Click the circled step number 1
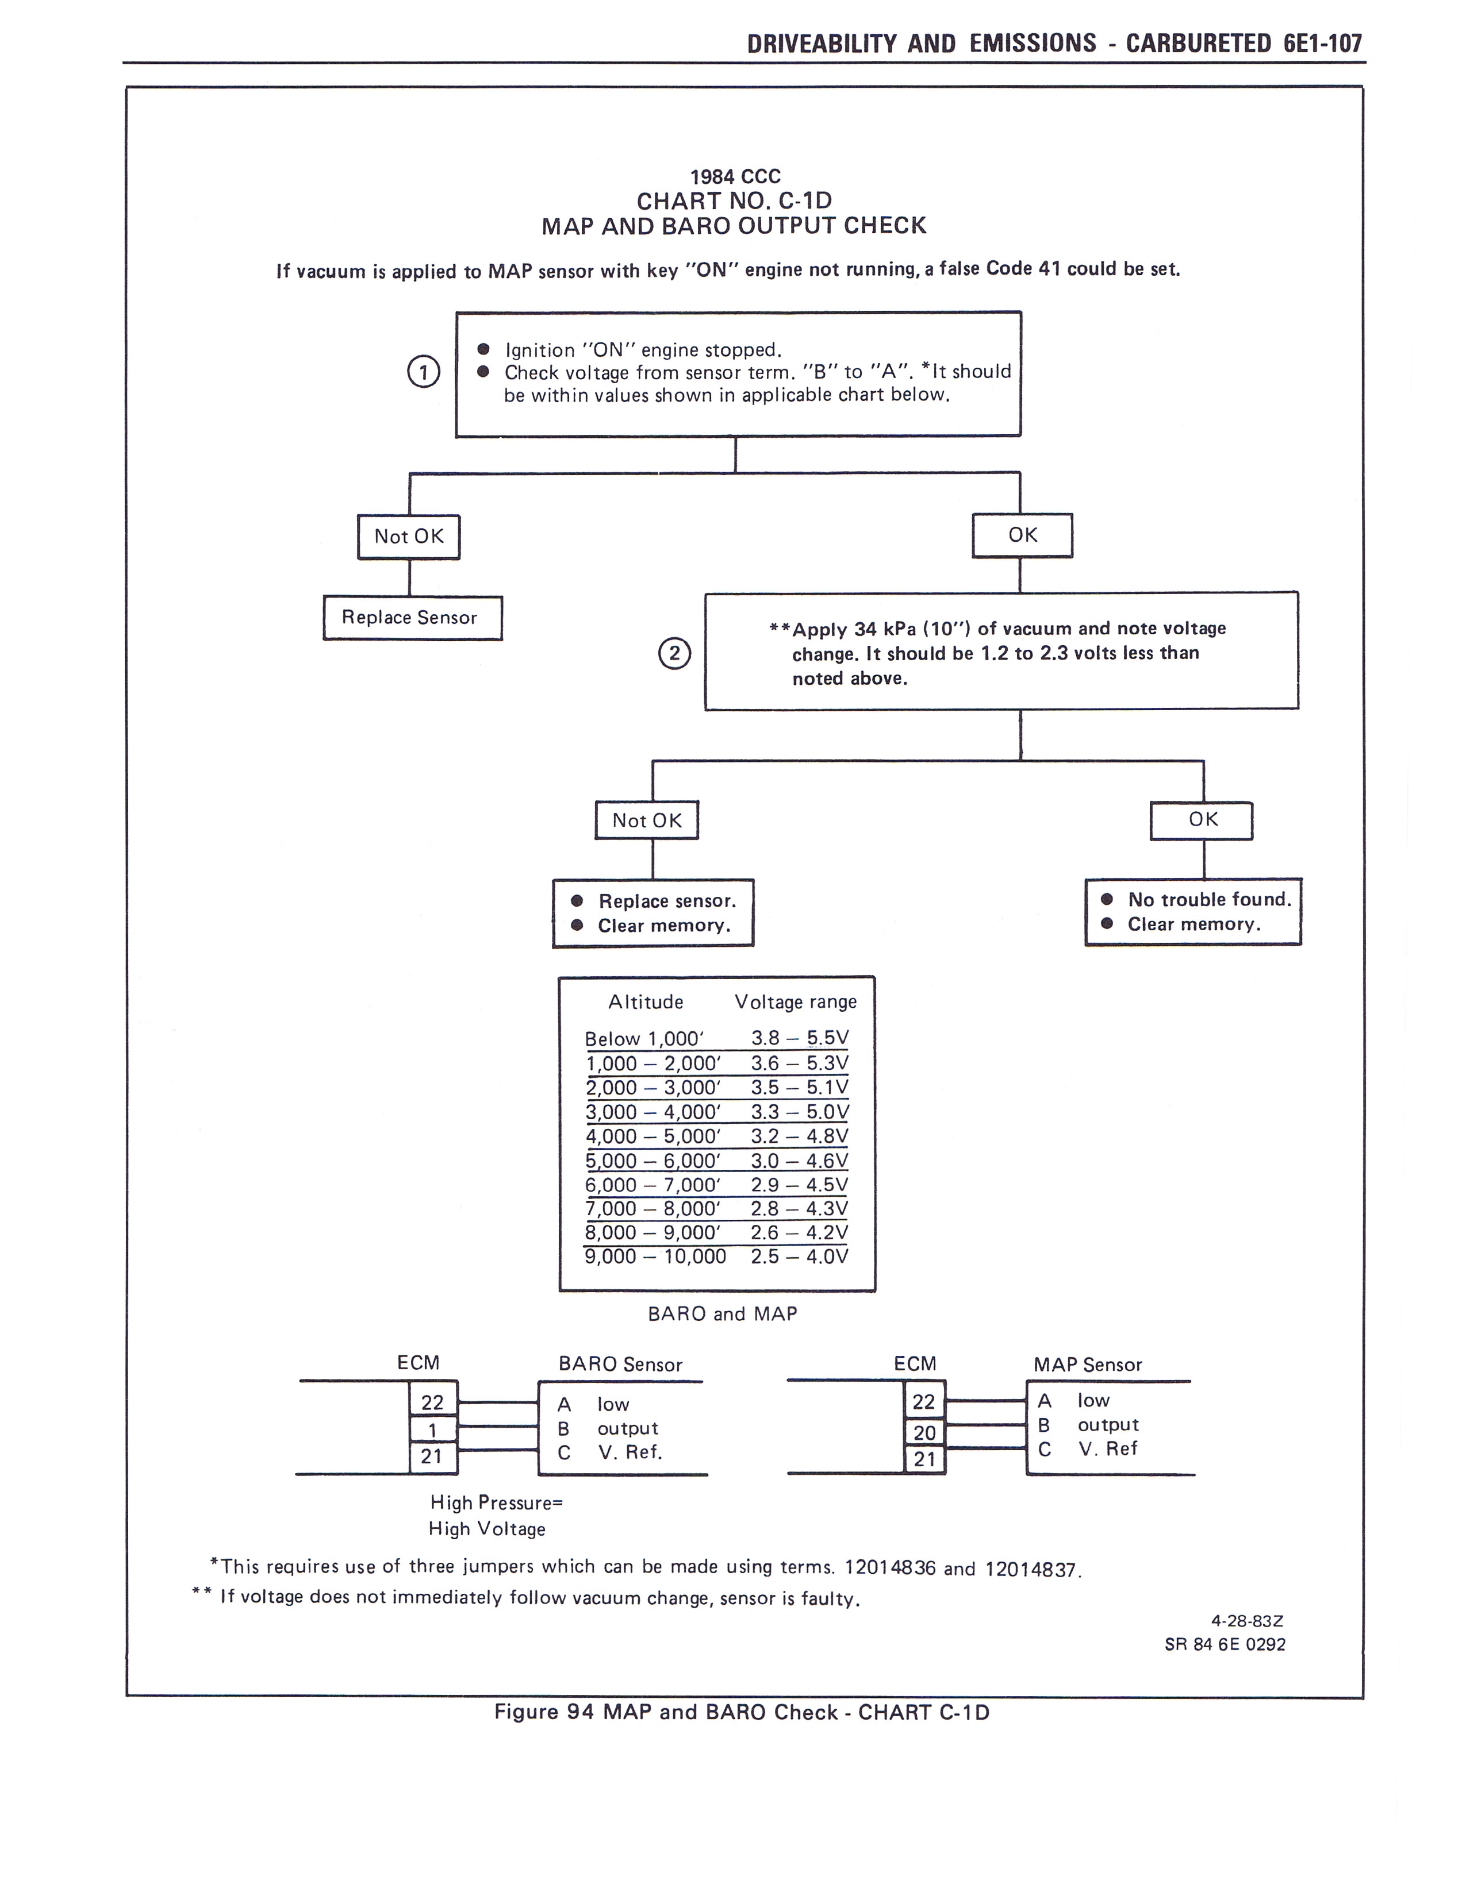424,372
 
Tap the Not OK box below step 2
646,820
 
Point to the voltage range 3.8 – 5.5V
799,1038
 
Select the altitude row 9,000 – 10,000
655,1256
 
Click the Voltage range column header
796,1002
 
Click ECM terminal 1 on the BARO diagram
432,1430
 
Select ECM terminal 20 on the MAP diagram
924,1432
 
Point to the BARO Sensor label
620,1365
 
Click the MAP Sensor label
1087,1365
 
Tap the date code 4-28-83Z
1247,1621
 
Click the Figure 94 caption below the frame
742,1712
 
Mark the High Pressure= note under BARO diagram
497,1503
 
